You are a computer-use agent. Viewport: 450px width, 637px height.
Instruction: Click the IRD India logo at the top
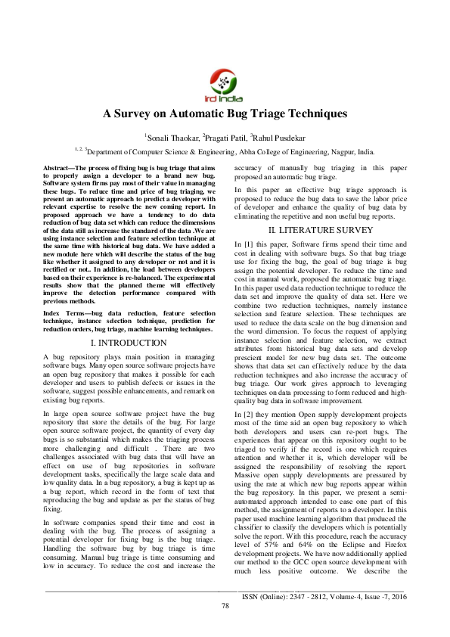pyautogui.click(x=225, y=84)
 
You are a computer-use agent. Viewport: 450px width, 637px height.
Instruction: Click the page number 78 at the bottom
pyautogui.click(x=225, y=626)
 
